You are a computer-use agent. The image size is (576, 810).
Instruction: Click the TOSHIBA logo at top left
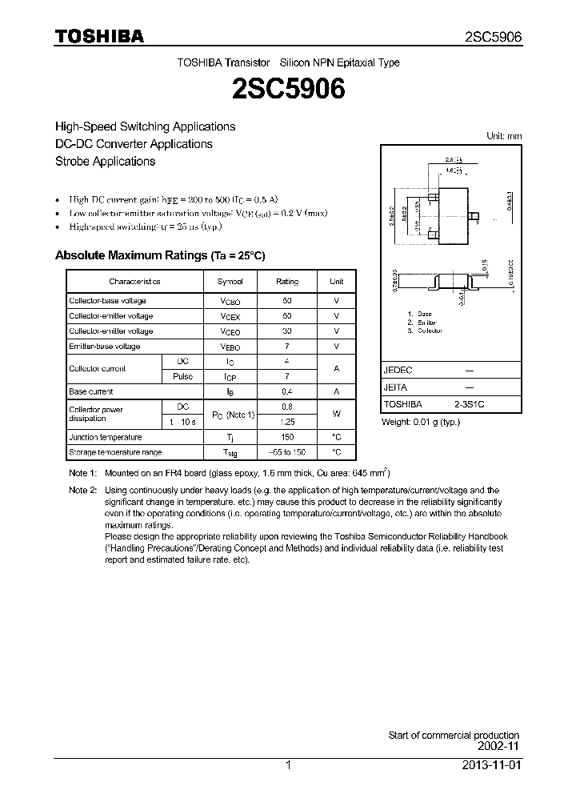pos(99,36)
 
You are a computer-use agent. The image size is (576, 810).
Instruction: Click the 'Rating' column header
pos(287,282)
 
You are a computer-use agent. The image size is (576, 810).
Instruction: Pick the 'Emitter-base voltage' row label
pos(105,347)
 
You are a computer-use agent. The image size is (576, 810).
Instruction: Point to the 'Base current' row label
pos(91,391)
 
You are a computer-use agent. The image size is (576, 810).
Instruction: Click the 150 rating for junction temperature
pos(287,437)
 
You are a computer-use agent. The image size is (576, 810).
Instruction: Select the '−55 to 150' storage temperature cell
pos(287,452)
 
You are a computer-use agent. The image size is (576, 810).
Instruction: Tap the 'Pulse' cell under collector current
pos(182,376)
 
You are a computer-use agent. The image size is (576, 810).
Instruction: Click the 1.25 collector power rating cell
pos(287,422)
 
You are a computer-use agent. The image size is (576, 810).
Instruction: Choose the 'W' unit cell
pos(337,414)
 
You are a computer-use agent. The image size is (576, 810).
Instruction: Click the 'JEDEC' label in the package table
pos(398,371)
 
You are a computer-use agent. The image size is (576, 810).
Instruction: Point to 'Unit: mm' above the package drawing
pos(504,136)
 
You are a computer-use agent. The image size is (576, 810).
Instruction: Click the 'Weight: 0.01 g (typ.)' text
pos(421,421)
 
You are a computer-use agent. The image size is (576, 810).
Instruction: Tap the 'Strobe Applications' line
pos(105,161)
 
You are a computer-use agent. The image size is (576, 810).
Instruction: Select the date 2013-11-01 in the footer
pos(491,765)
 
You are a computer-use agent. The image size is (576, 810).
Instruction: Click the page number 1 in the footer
pos(288,765)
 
